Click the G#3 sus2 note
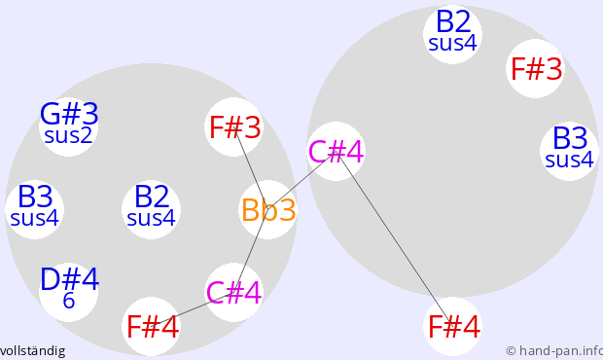[x=68, y=126]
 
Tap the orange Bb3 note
[x=268, y=209]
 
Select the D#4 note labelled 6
[x=68, y=292]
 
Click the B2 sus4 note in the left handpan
[x=151, y=209]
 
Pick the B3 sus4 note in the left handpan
[x=35, y=209]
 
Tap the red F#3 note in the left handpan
[x=234, y=126]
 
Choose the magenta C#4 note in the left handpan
[x=234, y=292]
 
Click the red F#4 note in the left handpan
[x=151, y=326]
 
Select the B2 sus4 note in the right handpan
[x=452, y=34]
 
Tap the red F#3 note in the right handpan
[x=536, y=68]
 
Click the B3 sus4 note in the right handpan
[x=570, y=151]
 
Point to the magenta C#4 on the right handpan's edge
[x=336, y=151]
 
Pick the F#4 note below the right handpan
[x=452, y=326]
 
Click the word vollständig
[x=32, y=351]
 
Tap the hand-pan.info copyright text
[x=554, y=351]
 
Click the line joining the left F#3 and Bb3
[x=251, y=168]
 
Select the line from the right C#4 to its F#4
[x=394, y=238]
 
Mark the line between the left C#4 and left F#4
[x=193, y=309]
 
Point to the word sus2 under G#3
[x=68, y=135]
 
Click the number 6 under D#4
[x=69, y=301]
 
